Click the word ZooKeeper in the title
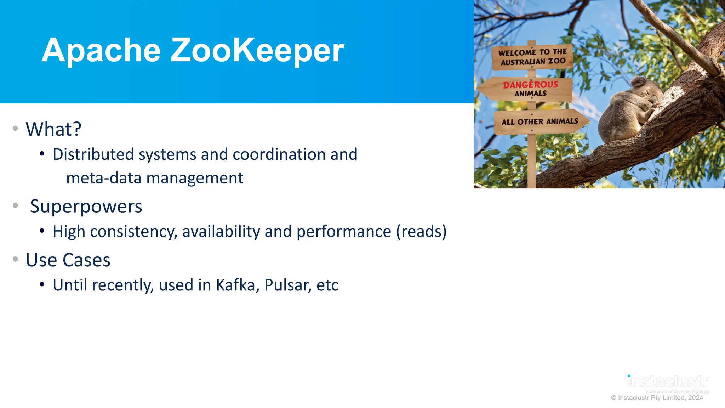[x=257, y=50]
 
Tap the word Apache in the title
[x=101, y=50]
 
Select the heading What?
[x=53, y=129]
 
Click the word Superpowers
[x=86, y=206]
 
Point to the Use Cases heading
[x=68, y=260]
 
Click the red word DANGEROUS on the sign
[x=530, y=85]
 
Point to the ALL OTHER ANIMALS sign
[x=540, y=122]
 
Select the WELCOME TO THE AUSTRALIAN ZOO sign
[x=532, y=57]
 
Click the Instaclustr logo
[x=668, y=382]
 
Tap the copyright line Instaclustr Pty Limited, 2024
[x=657, y=398]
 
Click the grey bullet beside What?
[x=15, y=128]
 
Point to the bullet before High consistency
[x=42, y=231]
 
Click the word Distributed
[x=93, y=154]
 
